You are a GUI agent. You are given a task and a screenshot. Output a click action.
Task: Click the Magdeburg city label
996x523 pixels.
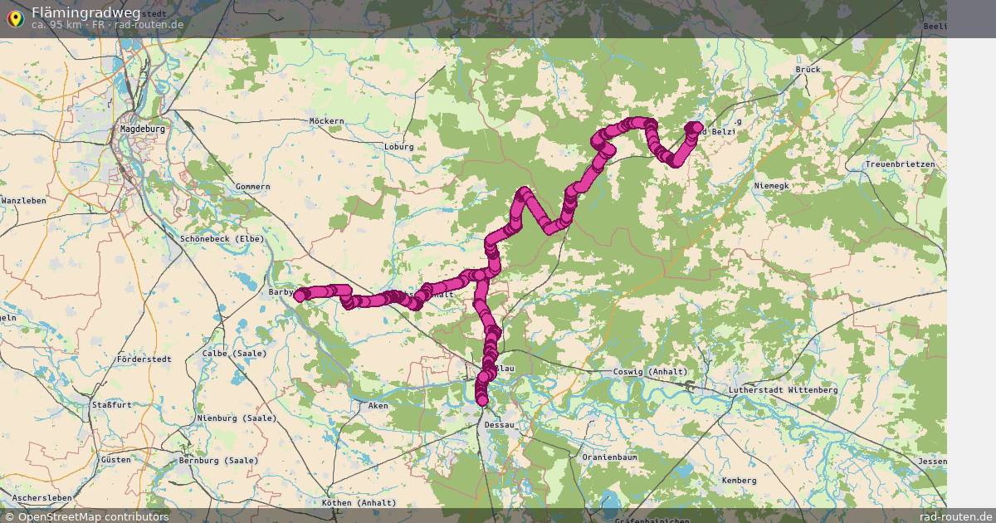143,130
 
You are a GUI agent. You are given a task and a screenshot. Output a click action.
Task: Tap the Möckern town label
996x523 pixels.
326,121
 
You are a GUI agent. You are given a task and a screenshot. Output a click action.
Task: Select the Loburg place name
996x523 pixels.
398,147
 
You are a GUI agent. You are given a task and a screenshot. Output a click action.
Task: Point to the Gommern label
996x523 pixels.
252,187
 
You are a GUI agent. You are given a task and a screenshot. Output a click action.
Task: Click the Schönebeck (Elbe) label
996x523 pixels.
222,239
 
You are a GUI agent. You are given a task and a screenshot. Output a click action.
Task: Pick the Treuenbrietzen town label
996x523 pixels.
900,164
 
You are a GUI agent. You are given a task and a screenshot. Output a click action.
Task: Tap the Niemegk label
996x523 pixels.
772,186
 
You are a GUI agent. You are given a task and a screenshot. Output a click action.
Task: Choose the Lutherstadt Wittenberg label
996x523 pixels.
783,390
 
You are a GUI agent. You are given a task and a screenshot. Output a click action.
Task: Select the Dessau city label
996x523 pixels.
499,425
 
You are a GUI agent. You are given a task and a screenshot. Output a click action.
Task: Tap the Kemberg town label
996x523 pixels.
739,481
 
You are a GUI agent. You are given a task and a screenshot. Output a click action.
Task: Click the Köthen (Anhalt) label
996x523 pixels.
359,503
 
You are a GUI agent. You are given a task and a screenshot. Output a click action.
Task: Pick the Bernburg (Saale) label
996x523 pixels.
218,461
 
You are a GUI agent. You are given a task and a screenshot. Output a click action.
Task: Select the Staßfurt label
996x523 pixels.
112,405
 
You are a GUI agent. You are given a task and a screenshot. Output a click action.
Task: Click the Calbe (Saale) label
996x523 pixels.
235,354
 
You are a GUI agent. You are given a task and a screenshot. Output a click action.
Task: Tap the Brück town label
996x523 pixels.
808,70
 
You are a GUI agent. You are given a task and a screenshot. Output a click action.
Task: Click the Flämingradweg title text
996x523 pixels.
85,12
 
